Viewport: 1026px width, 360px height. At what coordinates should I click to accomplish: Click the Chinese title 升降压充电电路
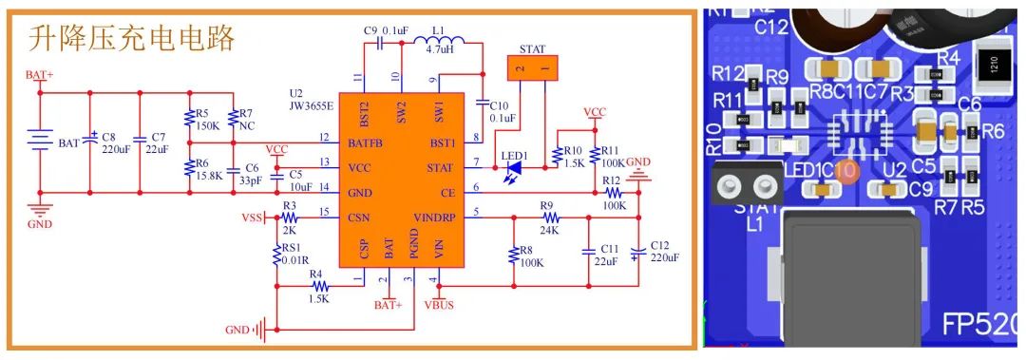click(x=132, y=39)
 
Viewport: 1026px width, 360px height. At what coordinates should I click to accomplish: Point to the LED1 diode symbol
click(x=513, y=168)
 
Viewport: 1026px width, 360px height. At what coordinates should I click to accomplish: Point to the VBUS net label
click(x=440, y=305)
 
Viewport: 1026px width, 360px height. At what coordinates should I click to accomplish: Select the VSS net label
click(x=252, y=218)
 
